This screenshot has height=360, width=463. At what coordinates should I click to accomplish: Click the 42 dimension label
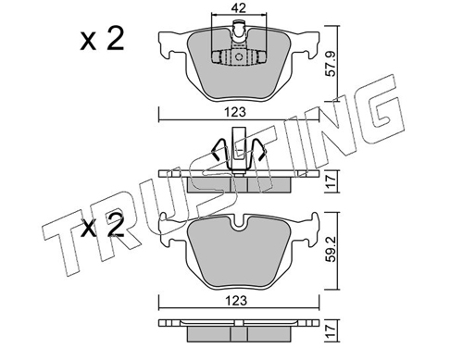tap(239, 8)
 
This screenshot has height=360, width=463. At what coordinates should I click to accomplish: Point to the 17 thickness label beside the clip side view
tap(332, 180)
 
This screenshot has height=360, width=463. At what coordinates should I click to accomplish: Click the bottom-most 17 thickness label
tap(332, 331)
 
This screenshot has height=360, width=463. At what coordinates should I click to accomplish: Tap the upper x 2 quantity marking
tap(102, 39)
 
